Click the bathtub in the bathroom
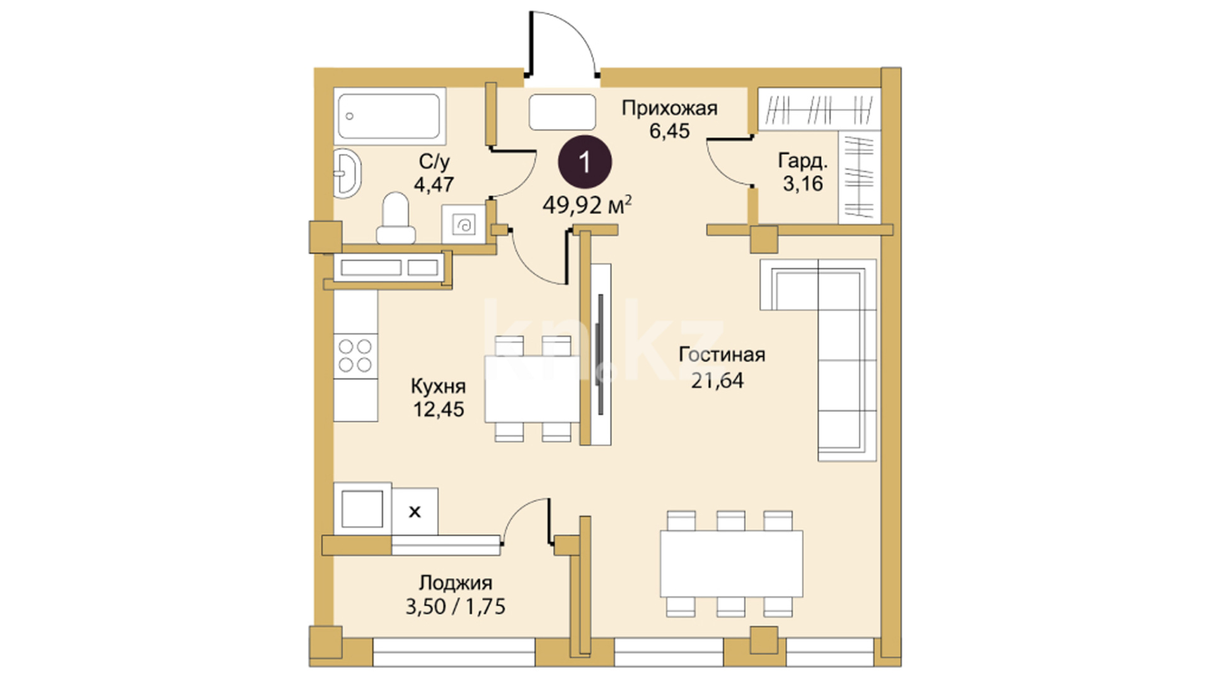click(x=389, y=117)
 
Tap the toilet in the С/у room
click(x=396, y=218)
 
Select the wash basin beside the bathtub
click(x=347, y=172)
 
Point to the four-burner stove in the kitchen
click(x=355, y=356)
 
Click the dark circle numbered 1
click(x=585, y=163)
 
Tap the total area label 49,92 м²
click(x=587, y=205)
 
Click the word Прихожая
click(x=669, y=108)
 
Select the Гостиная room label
click(x=722, y=354)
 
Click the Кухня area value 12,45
click(x=439, y=409)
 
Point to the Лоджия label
click(x=456, y=583)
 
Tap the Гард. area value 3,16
click(x=802, y=184)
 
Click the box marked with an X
click(x=415, y=511)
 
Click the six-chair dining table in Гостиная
click(x=731, y=564)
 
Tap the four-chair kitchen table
click(x=533, y=388)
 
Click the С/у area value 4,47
click(x=434, y=185)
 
